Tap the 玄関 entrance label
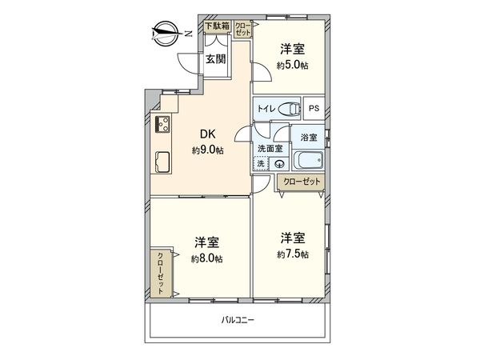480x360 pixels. (214, 58)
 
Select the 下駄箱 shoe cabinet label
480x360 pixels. (216, 26)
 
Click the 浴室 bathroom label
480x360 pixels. (308, 138)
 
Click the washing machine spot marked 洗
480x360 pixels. (261, 163)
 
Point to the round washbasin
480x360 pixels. (278, 165)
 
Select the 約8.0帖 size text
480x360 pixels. (207, 258)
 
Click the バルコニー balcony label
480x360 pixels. (238, 321)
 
